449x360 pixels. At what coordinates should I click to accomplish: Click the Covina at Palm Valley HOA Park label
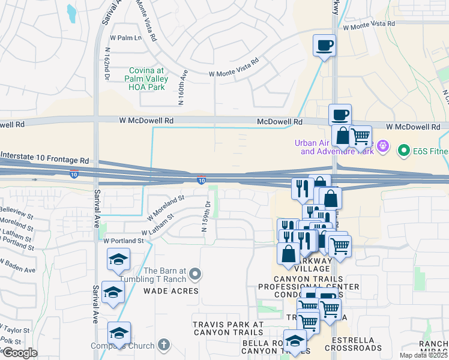(x=147, y=79)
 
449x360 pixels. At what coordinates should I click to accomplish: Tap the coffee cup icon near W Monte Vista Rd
(x=324, y=45)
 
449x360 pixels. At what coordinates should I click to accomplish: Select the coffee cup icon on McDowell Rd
(x=340, y=115)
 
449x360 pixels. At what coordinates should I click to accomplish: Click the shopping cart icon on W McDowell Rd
(x=360, y=136)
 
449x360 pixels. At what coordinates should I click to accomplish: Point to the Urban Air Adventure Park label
(x=334, y=147)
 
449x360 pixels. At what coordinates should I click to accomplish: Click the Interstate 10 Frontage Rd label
(x=44, y=158)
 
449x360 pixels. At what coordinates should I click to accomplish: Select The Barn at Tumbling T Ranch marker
(x=194, y=275)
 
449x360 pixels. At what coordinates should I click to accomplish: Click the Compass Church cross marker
(x=164, y=345)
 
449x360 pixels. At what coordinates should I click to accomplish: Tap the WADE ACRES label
(x=170, y=291)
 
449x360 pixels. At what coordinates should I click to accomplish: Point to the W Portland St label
(x=124, y=241)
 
